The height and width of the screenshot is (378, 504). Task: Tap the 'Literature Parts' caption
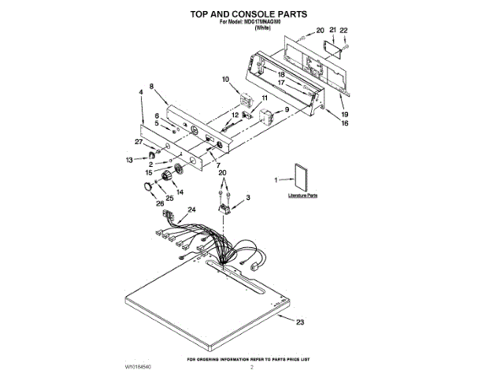point(302,195)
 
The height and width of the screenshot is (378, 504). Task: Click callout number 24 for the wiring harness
point(192,210)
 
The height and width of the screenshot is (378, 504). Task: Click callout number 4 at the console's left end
point(140,92)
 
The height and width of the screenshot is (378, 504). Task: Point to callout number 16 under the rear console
point(344,123)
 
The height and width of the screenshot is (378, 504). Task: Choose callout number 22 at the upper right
point(343,30)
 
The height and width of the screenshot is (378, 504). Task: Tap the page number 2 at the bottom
point(252,367)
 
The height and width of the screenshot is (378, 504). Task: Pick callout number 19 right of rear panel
point(344,113)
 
